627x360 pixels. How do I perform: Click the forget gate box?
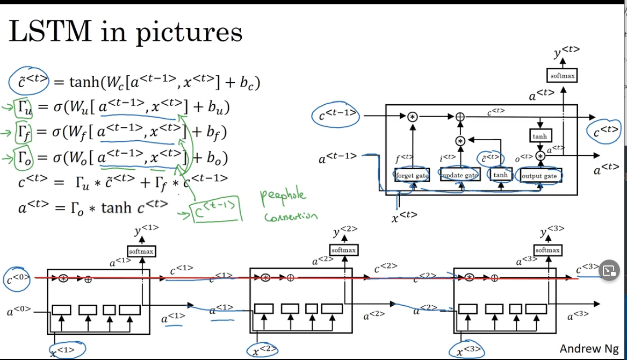point(412,175)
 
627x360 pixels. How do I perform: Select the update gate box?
point(459,175)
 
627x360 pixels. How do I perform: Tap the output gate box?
point(540,176)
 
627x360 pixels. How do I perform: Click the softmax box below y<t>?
point(563,76)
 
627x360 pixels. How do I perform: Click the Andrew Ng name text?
point(589,349)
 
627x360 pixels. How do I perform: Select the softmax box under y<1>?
point(141,251)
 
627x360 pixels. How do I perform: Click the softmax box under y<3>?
point(548,250)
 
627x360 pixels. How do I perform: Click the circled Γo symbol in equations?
point(25,158)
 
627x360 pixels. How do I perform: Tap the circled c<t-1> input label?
point(336,115)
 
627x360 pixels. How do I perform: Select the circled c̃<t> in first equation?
point(29,82)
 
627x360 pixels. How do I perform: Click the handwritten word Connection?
point(290,217)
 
